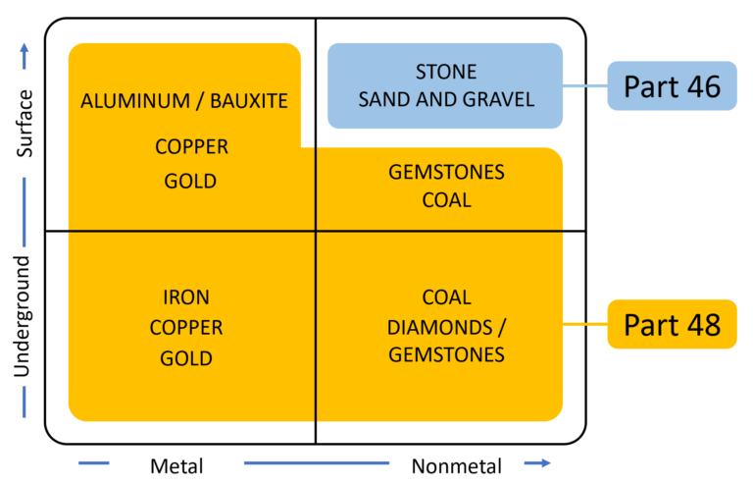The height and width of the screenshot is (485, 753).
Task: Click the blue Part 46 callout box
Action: coord(672,86)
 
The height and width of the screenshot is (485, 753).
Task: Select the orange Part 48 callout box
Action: coord(672,324)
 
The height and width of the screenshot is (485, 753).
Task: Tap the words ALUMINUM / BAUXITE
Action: coord(184,100)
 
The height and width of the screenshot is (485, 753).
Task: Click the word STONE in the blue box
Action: coord(446,72)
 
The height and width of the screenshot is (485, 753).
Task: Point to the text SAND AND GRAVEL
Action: coord(446,98)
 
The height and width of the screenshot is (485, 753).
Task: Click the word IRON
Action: coord(186,296)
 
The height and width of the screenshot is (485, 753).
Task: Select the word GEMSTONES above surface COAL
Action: coord(446,173)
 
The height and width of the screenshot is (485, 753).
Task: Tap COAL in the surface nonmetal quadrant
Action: coord(446,200)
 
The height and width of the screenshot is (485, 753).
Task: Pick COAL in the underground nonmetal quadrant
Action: coord(446,296)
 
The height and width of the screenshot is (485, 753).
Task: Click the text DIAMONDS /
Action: coord(446,326)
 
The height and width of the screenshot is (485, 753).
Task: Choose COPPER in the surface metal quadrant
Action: coord(191,147)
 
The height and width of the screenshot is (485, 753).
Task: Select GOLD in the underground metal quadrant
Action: coord(186,357)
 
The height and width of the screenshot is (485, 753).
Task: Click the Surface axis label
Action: coord(25,124)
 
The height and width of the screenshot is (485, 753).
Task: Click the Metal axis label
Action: coord(176,465)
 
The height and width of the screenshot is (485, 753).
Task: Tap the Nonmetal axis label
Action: coord(457,465)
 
